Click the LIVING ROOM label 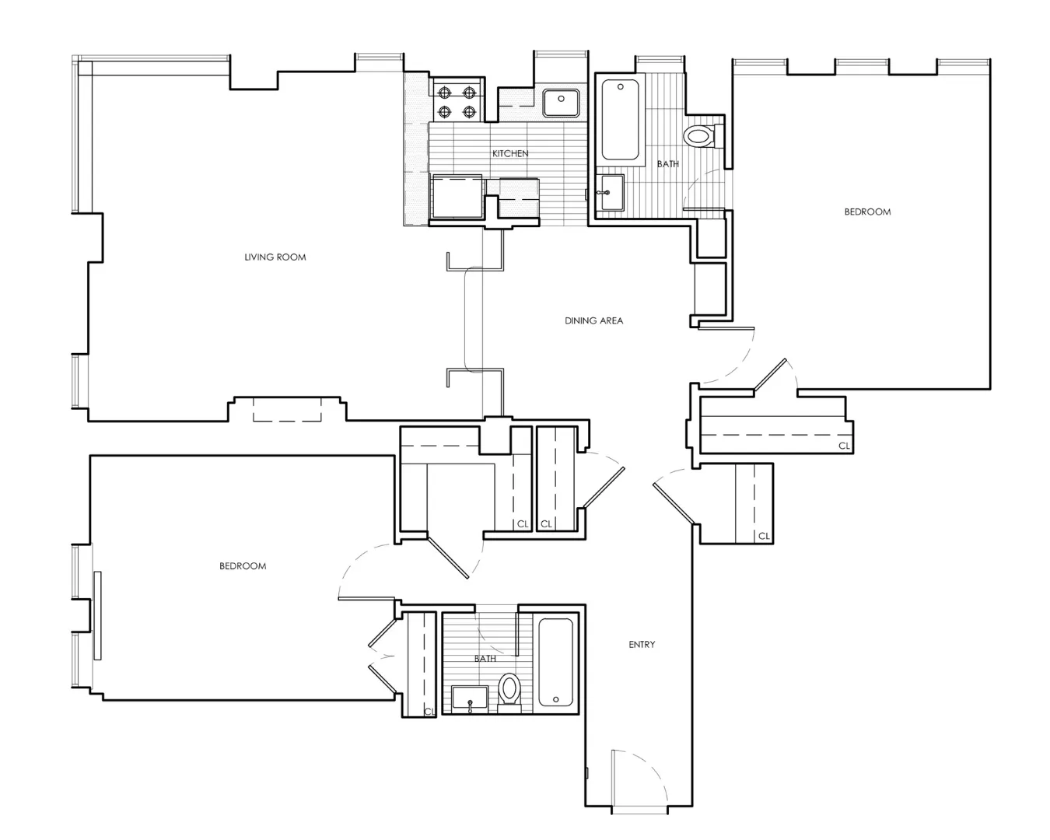tap(275, 257)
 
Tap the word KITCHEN tap(510, 154)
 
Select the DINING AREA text tap(593, 320)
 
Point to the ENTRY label tap(642, 645)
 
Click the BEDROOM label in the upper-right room tap(867, 212)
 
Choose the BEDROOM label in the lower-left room tap(243, 566)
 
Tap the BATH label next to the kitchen tap(667, 164)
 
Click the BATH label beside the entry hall tap(485, 659)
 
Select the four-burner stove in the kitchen tap(457, 102)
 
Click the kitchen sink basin tap(560, 102)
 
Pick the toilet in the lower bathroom tap(509, 690)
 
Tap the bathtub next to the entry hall tap(555, 662)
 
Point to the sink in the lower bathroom tap(469, 698)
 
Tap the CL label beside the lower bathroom tap(429, 712)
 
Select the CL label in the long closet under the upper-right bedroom tap(844, 446)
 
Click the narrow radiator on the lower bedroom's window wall tap(97, 615)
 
